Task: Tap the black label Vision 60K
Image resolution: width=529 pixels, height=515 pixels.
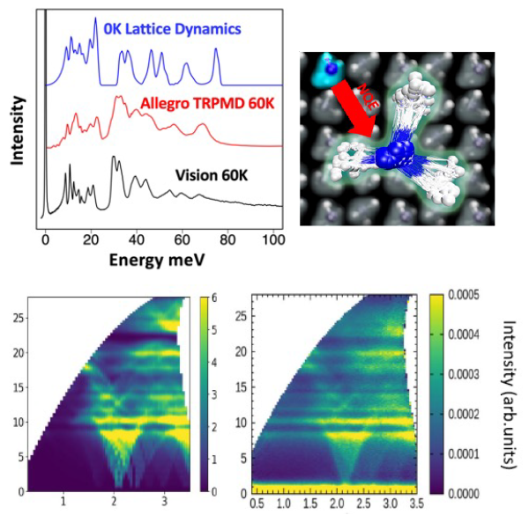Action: [210, 175]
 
